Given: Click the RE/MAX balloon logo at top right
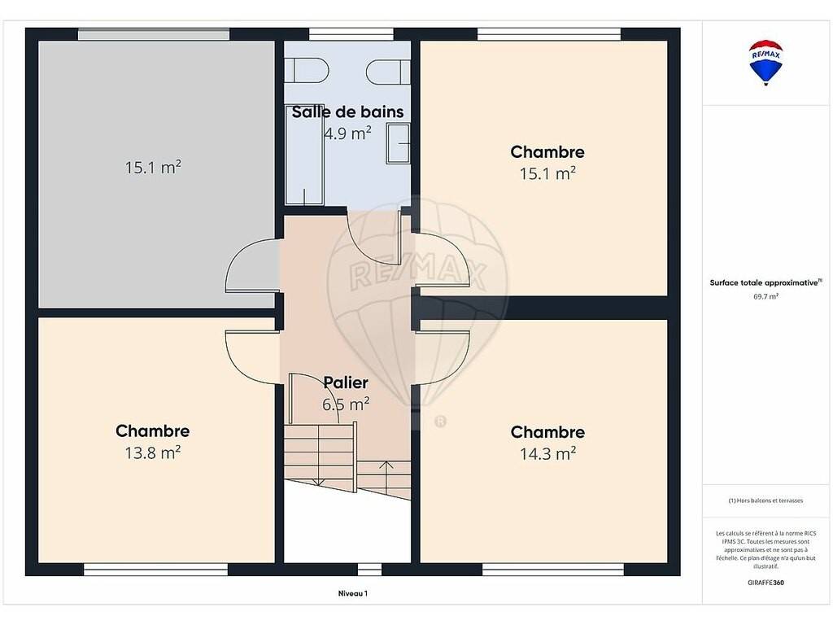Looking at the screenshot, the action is pos(765,62).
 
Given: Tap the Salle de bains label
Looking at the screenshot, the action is pos(347,111).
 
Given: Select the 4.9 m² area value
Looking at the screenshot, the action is pos(347,133).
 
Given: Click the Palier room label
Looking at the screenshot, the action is pos(346,382).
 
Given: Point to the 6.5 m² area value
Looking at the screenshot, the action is pos(346,404).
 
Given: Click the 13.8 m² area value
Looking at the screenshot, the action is pos(153,452).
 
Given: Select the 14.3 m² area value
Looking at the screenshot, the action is pos(547,454).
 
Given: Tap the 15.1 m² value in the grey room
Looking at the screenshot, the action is pos(153,168).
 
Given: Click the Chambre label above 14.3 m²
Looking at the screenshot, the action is pos(547,432).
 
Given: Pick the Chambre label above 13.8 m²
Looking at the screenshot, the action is pos(152,431).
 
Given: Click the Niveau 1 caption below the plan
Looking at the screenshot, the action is pos(353,593).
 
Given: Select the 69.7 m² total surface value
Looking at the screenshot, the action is pos(765,296).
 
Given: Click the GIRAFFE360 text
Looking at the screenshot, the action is pos(765,583).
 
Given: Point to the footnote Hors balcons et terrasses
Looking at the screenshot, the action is pos(765,500).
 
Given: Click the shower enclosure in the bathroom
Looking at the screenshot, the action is pos(304,160).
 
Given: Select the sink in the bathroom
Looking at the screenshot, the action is pos(398,143).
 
